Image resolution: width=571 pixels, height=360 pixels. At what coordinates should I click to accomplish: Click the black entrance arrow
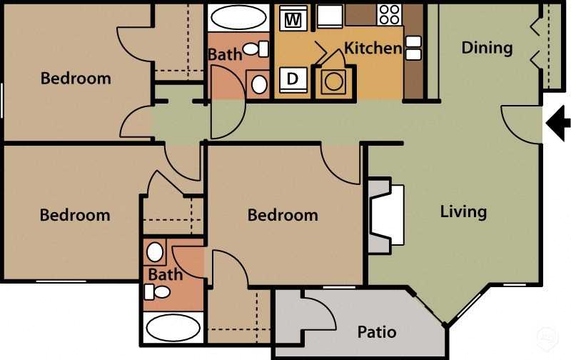pyautogui.click(x=556, y=122)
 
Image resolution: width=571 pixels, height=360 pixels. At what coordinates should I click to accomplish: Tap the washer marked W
pyautogui.click(x=292, y=20)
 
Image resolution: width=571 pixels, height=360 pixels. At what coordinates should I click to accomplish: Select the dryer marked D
pyautogui.click(x=292, y=79)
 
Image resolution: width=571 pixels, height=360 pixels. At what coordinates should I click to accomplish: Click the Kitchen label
pyautogui.click(x=373, y=49)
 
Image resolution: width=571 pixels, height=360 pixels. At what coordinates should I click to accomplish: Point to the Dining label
pyautogui.click(x=487, y=48)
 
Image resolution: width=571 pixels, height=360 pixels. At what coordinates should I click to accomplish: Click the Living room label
pyautogui.click(x=463, y=211)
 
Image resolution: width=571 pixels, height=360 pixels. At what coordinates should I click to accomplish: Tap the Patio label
pyautogui.click(x=376, y=332)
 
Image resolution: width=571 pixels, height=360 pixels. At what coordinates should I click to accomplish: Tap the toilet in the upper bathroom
pyautogui.click(x=254, y=49)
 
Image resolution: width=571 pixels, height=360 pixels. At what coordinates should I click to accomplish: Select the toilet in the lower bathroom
pyautogui.click(x=158, y=291)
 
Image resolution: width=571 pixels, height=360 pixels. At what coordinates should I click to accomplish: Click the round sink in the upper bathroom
pyautogui.click(x=259, y=84)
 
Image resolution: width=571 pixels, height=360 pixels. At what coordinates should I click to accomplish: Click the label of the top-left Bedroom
pyautogui.click(x=76, y=79)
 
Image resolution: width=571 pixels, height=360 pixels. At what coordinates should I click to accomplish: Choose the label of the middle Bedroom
pyautogui.click(x=283, y=215)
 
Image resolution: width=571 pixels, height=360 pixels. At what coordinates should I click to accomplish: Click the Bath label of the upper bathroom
pyautogui.click(x=224, y=54)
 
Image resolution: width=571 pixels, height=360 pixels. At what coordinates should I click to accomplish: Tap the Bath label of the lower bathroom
pyautogui.click(x=166, y=274)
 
